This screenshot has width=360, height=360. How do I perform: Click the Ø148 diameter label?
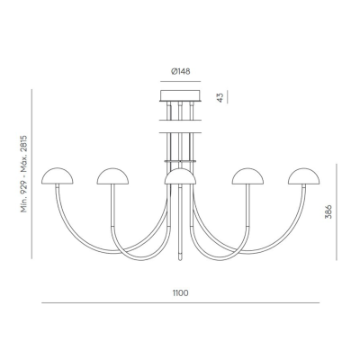point(180,68)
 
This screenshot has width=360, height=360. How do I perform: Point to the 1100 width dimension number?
point(180,293)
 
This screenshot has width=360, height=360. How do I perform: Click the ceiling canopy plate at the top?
point(180,95)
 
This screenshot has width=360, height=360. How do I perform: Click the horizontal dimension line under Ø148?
point(180,79)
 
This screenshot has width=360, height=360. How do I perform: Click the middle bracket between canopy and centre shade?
point(180,133)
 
